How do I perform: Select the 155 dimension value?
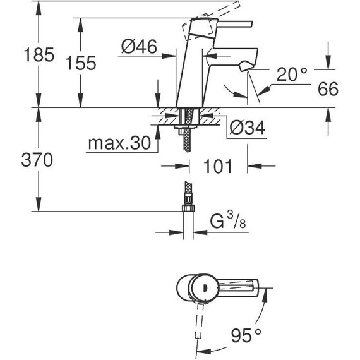click(80, 63)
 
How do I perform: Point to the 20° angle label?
click(293, 75)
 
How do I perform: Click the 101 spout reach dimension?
click(218, 167)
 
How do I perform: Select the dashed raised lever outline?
click(193, 29)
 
